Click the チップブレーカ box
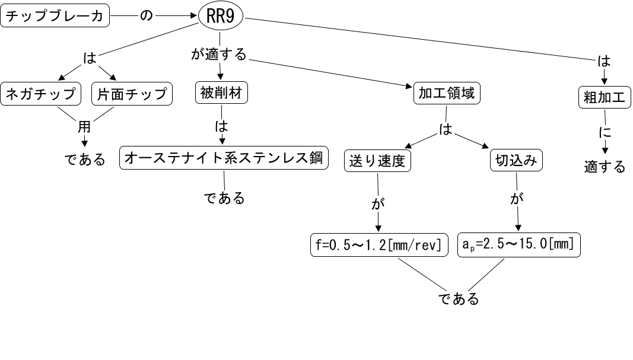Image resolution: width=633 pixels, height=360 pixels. pos(56,16)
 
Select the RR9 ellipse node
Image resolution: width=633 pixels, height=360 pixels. pos(221,17)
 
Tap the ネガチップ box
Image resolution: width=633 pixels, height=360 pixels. pos(40,94)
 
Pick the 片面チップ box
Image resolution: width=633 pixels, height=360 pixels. pos(132,94)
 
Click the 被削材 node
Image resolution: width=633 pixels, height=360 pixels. pos(221,94)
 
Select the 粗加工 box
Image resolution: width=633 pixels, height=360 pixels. pos(604,98)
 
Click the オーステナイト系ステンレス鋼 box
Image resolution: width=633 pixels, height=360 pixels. pos(224,158)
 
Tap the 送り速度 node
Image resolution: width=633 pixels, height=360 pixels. pos(377,161)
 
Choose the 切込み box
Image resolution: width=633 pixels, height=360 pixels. pos(516,161)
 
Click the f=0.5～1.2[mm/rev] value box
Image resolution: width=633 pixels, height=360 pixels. pos(379,245)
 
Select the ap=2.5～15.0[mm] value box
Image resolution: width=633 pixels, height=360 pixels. pos(519,245)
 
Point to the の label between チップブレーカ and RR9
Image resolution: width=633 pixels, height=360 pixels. pos(146,16)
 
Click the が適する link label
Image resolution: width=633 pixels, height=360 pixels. pos(218,55)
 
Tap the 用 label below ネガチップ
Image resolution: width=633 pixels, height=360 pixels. pos(84,127)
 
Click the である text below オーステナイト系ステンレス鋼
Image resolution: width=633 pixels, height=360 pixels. pos(225,198)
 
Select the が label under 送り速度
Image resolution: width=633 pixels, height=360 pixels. pos(377,203)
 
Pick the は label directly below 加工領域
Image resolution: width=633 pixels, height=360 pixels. pos(446,129)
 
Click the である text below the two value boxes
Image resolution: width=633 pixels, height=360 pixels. pos(459,299)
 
